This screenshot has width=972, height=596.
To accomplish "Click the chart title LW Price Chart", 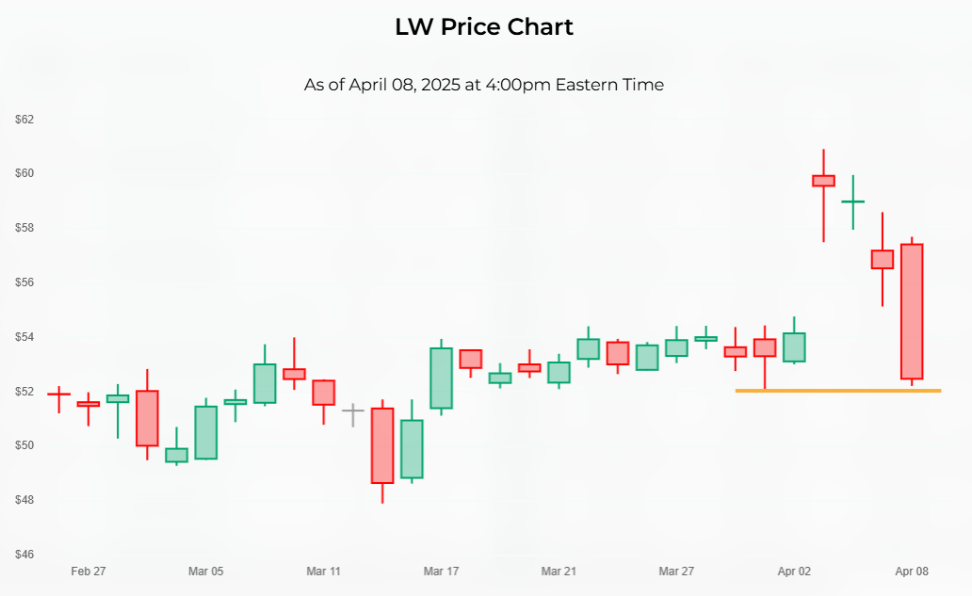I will [x=484, y=27].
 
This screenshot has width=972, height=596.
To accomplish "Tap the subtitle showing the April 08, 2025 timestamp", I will [x=484, y=85].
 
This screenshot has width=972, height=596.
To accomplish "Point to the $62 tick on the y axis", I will [x=24, y=120].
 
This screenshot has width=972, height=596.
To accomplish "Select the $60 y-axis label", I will [x=24, y=173].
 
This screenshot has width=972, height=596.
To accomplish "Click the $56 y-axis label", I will [x=24, y=282].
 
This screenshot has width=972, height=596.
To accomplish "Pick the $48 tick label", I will [x=24, y=500].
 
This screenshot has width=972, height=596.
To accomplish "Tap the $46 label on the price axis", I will [x=24, y=554].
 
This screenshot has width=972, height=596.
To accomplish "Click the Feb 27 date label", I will [x=89, y=572].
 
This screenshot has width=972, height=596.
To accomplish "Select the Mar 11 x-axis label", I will [x=323, y=572].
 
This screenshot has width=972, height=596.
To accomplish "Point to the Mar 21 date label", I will [x=559, y=572].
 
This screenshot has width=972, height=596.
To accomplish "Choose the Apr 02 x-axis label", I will [x=794, y=572].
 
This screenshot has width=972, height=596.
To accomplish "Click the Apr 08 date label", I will [x=912, y=572].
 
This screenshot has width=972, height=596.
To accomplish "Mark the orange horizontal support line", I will [x=837, y=390].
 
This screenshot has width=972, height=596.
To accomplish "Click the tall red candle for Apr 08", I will [x=912, y=311].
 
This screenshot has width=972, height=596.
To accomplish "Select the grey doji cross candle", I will [x=352, y=411].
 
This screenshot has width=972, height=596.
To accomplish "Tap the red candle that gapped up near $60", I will [x=824, y=181].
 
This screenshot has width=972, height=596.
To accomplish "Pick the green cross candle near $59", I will [x=853, y=201].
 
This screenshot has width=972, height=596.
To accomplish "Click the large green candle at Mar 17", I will [x=441, y=378].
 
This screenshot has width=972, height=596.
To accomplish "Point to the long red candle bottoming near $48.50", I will [x=382, y=445].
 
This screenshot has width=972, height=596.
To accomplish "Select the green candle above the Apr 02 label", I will [x=794, y=347].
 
